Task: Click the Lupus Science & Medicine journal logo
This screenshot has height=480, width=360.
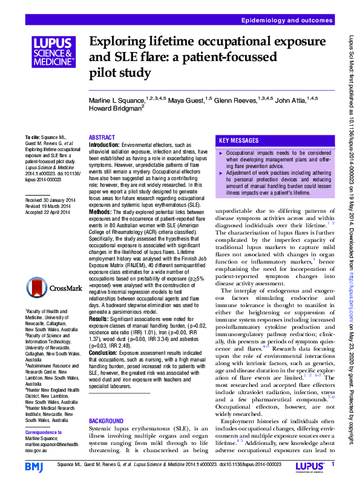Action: click(x=53, y=52)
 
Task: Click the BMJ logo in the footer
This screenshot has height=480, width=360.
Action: click(x=35, y=466)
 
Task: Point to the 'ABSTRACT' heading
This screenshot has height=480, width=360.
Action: click(x=102, y=138)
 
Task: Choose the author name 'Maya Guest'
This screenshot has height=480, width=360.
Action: click(x=187, y=99)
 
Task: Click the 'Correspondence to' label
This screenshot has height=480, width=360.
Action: click(x=45, y=433)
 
